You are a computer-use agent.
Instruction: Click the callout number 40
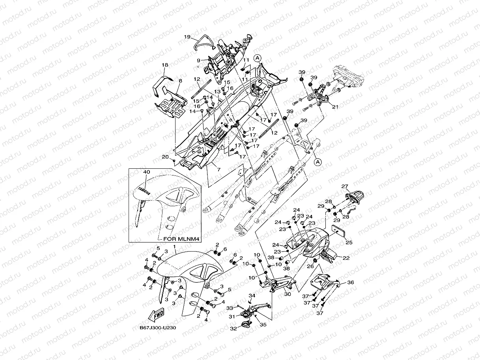pos(147,172)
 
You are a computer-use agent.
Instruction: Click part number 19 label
pos(187,37)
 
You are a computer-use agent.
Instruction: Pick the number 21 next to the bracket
pos(335,106)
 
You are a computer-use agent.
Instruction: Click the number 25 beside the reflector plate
pos(349,242)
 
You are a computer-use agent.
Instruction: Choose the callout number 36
pos(350,282)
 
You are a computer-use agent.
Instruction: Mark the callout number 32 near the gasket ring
pos(233,328)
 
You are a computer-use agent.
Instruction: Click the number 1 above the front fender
pos(163,246)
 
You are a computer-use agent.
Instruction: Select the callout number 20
pos(165,157)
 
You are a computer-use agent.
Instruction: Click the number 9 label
pos(199,60)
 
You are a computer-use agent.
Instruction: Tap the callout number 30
pos(287,294)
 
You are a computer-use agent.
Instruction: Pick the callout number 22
pos(346,258)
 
